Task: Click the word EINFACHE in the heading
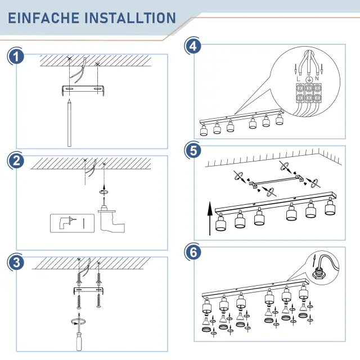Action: click(x=43, y=18)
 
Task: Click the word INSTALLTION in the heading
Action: click(x=130, y=18)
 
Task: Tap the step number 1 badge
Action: click(x=16, y=57)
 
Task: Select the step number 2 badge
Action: click(x=16, y=161)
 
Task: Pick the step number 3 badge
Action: click(x=16, y=262)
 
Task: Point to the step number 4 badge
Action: click(x=193, y=46)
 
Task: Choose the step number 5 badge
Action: click(x=193, y=151)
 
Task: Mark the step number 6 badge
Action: click(x=193, y=252)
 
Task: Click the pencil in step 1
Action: click(x=69, y=123)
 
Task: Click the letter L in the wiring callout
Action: click(x=298, y=79)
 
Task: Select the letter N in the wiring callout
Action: click(x=317, y=79)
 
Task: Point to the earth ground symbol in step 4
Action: click(x=309, y=79)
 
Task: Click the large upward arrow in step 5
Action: click(x=210, y=218)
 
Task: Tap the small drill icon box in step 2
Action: click(x=73, y=223)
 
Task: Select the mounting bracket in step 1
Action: click(x=83, y=90)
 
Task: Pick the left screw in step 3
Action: click(x=79, y=302)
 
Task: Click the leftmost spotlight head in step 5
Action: click(x=221, y=223)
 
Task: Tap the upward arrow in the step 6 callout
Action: click(x=314, y=260)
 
